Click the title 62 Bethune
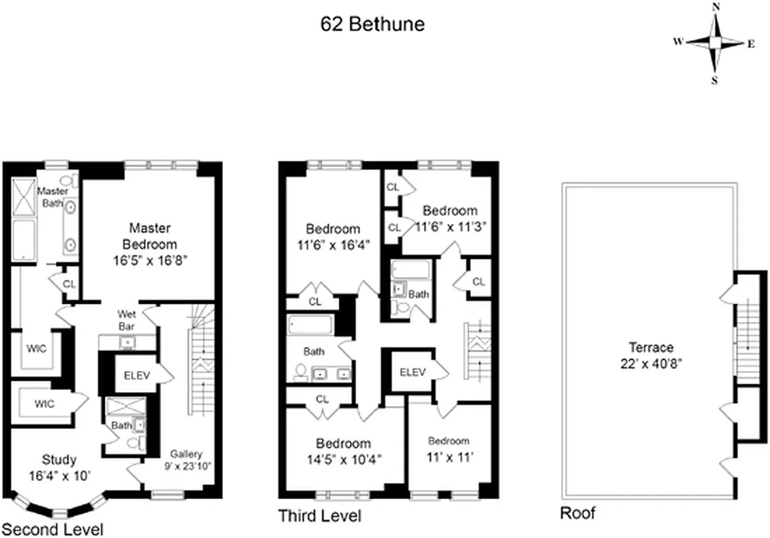pos(372,25)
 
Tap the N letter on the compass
pos(716,7)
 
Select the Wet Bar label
pos(127,319)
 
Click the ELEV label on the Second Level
pos(136,375)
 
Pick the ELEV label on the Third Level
pos(413,372)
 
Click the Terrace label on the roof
pos(650,348)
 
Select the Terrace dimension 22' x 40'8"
pos(650,362)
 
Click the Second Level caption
pos(52,529)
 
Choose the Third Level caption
pos(320,516)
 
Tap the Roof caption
pos(578,514)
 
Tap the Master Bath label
pos(52,196)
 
